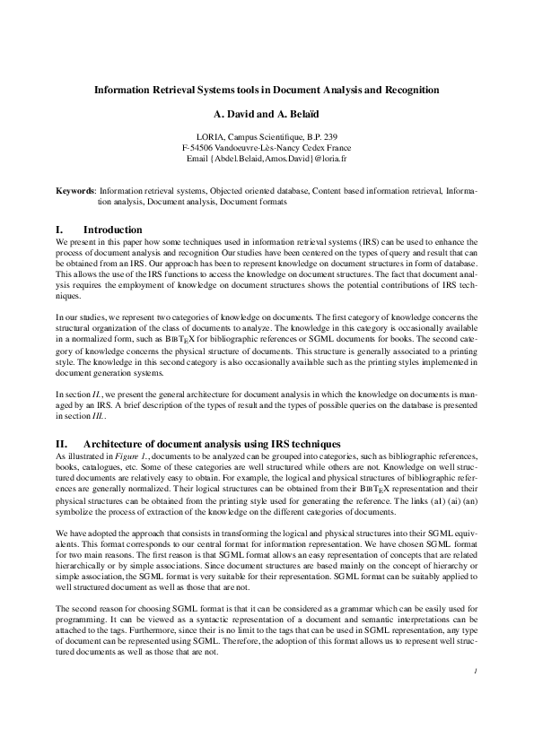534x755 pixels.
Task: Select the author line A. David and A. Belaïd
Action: [x=266, y=115]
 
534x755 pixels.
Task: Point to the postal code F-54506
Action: [x=200, y=147]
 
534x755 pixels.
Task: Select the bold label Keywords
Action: [x=74, y=191]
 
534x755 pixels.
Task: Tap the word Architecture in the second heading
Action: [x=113, y=444]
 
